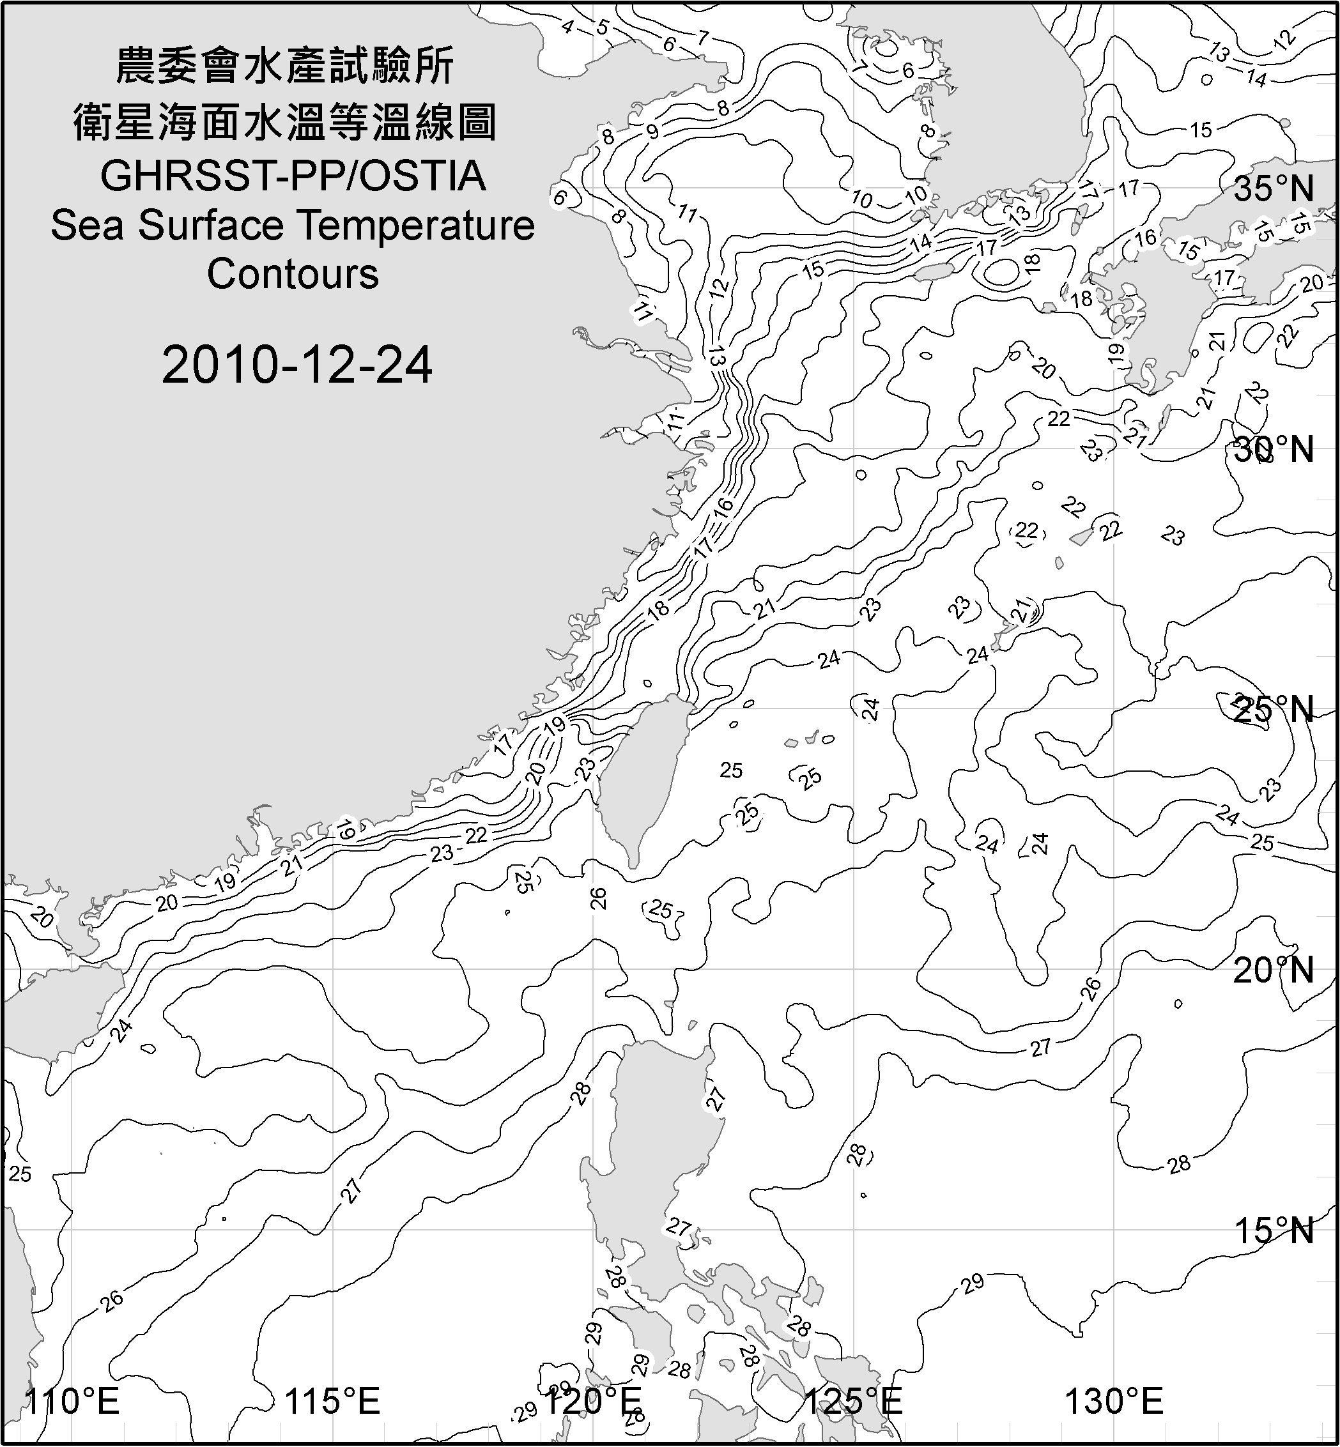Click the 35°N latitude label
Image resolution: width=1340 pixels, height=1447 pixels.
[1274, 189]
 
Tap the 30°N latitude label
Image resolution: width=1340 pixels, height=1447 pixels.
[1274, 450]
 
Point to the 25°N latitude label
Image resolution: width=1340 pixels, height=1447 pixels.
[1274, 710]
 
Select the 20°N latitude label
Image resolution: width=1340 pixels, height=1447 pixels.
[1274, 970]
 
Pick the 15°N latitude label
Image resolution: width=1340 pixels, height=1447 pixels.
[1274, 1230]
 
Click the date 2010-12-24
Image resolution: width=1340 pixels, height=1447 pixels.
[296, 365]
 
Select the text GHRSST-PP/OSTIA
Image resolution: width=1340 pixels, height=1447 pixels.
[293, 176]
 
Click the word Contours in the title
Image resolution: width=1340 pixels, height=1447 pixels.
[293, 274]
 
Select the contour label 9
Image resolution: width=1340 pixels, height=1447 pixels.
[652, 131]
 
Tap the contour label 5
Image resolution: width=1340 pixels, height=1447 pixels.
[603, 28]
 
